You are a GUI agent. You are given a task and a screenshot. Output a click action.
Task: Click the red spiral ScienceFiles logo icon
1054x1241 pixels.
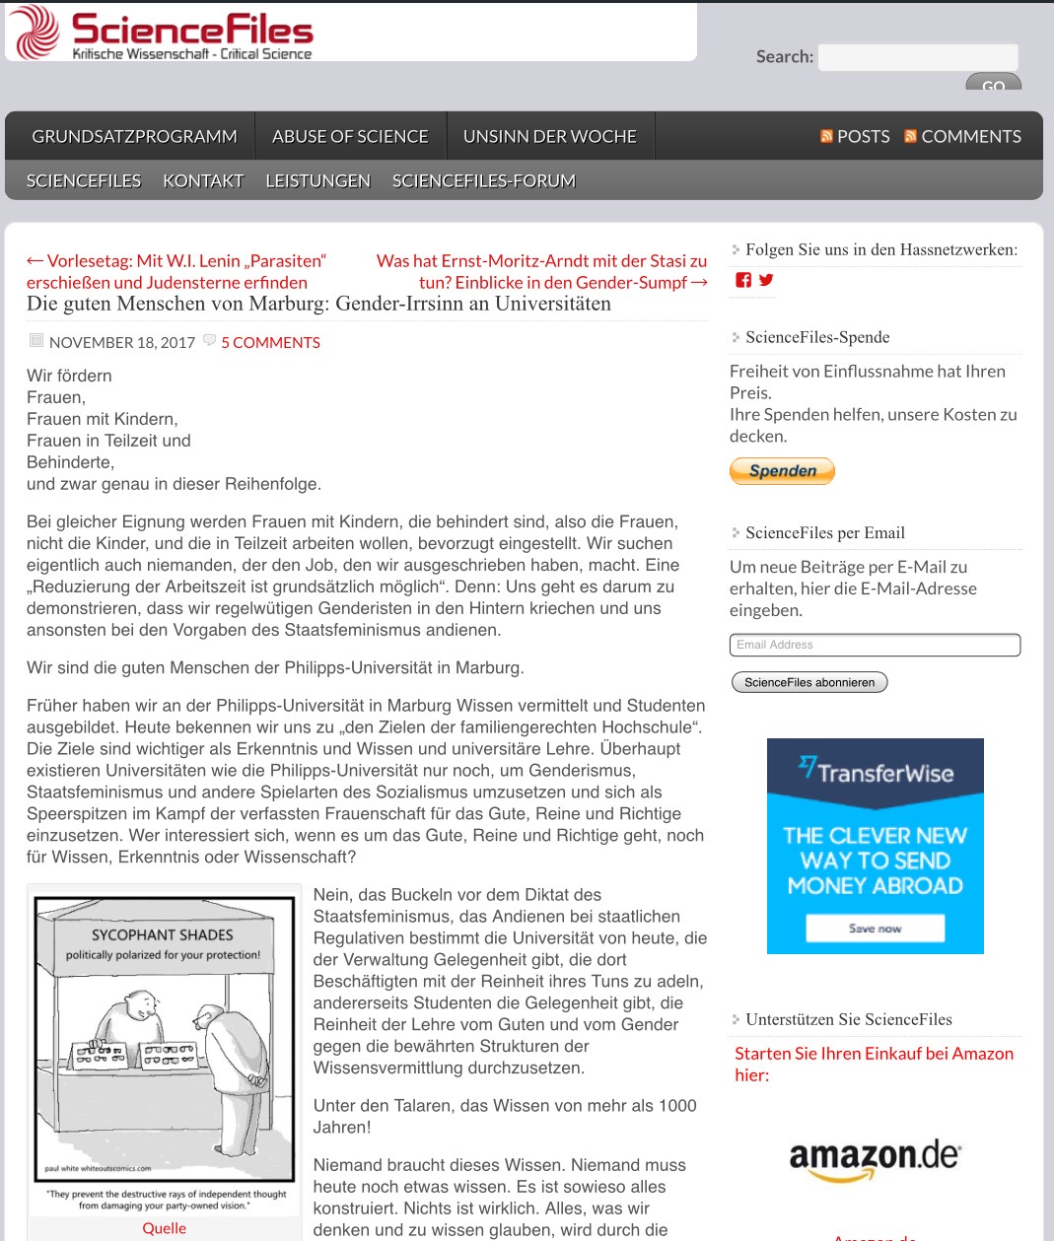tap(35, 32)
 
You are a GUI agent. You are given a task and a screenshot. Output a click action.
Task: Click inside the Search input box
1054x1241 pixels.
tap(917, 57)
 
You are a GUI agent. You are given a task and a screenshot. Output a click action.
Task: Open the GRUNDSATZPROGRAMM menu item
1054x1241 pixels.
tap(134, 137)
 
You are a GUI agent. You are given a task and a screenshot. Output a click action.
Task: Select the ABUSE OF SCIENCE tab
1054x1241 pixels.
tap(350, 137)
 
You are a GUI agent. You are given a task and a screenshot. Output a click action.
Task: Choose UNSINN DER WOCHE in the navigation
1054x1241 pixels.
tap(549, 137)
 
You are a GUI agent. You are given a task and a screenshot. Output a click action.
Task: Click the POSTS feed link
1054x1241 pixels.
tap(855, 137)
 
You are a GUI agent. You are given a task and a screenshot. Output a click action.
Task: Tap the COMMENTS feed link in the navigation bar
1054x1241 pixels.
tap(962, 137)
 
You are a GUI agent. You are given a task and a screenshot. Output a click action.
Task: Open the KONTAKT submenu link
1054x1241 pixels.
tap(203, 181)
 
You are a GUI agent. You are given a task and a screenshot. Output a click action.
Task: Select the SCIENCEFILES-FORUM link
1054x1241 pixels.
tap(483, 181)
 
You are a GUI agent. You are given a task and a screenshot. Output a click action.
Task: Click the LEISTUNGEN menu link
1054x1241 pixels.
tap(317, 181)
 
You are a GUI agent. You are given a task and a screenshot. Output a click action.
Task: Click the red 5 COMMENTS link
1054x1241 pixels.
tap(270, 343)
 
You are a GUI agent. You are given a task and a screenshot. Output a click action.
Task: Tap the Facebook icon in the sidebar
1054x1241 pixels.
tap(743, 280)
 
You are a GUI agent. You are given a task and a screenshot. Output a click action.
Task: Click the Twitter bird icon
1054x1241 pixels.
tap(766, 280)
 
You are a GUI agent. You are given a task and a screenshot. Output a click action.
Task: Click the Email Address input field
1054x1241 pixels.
tap(875, 645)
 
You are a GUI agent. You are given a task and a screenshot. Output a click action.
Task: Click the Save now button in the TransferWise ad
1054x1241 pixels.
tap(875, 929)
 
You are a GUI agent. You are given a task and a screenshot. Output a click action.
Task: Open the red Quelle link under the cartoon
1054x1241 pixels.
tap(164, 1228)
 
